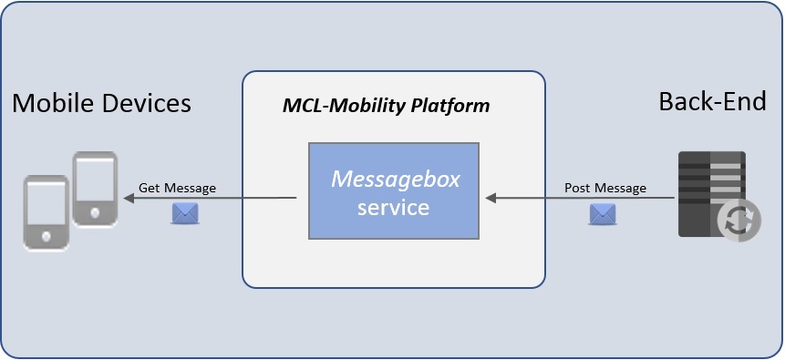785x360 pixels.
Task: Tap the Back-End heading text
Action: (712, 101)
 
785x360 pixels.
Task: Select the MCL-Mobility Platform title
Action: (386, 106)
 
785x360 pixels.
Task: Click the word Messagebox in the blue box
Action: (394, 179)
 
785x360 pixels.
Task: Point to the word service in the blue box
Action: (393, 207)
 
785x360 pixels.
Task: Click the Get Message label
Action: (177, 188)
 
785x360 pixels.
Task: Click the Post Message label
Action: (605, 188)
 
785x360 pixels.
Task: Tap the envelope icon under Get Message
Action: (185, 213)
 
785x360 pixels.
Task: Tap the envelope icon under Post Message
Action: (603, 213)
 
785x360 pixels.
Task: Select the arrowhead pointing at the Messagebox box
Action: (489, 198)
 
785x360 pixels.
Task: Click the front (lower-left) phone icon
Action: (46, 211)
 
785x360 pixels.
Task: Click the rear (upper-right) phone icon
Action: (95, 188)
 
